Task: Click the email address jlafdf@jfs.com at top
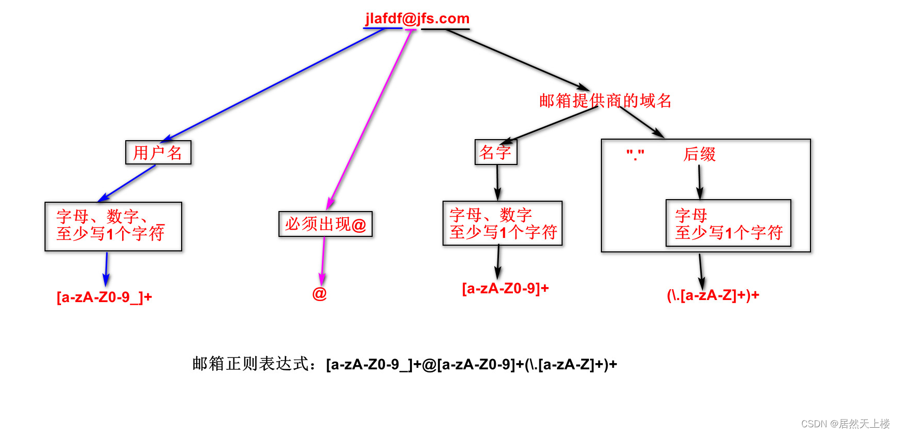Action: pyautogui.click(x=417, y=19)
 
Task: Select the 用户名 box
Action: pyautogui.click(x=158, y=153)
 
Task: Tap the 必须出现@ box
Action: pyautogui.click(x=325, y=224)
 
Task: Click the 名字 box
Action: pyautogui.click(x=495, y=152)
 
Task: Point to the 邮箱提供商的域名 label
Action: pyautogui.click(x=605, y=100)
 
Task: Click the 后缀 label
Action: pyautogui.click(x=699, y=154)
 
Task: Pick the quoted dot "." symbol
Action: pyautogui.click(x=635, y=154)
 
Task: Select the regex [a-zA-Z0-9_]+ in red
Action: pyautogui.click(x=104, y=297)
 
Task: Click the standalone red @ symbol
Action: pyautogui.click(x=319, y=294)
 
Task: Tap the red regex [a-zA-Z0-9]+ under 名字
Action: pyautogui.click(x=505, y=289)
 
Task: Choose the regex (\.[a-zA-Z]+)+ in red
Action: pyautogui.click(x=713, y=295)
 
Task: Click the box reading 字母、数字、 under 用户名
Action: pyautogui.click(x=113, y=227)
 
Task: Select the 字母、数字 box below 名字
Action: pyautogui.click(x=502, y=223)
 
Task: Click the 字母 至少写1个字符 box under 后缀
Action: pyautogui.click(x=728, y=223)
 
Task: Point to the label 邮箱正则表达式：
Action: pyautogui.click(x=254, y=364)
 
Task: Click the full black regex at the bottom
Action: pyautogui.click(x=471, y=365)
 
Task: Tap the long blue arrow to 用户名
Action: pyautogui.click(x=274, y=84)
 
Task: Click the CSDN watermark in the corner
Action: pyautogui.click(x=845, y=424)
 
